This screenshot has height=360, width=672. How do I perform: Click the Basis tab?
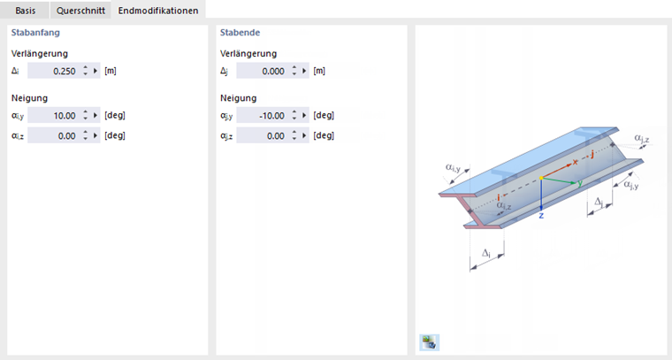(x=26, y=11)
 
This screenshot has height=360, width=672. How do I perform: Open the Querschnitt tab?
(x=80, y=11)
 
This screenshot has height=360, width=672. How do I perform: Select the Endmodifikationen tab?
(x=158, y=11)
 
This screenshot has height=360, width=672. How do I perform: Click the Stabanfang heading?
(x=35, y=33)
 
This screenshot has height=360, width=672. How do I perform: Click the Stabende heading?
(x=240, y=33)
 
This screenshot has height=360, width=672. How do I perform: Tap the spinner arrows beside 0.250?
(x=85, y=71)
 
